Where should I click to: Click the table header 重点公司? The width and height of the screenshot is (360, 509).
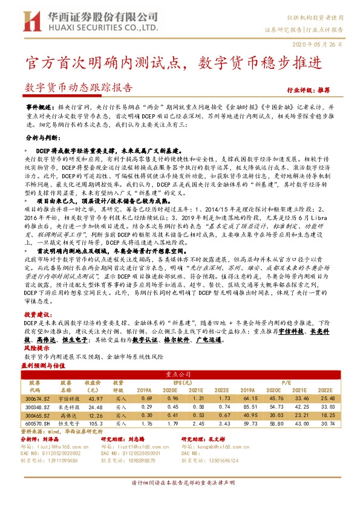pyautogui.click(x=185, y=374)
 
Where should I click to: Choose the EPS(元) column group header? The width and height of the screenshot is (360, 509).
pyautogui.click(x=185, y=382)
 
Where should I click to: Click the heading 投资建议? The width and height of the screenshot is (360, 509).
pyautogui.click(x=35, y=315)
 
